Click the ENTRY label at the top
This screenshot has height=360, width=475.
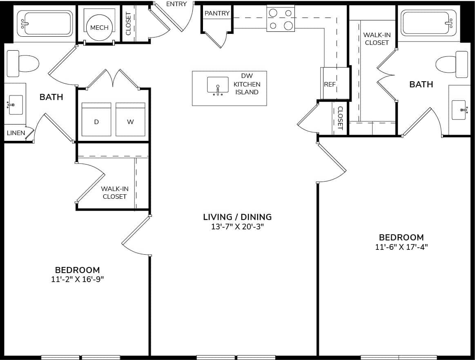point(176,4)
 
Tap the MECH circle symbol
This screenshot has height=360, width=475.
point(99,28)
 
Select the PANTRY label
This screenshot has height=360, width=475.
point(217,13)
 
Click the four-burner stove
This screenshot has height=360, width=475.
point(281,19)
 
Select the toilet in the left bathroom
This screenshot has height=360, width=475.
point(22,64)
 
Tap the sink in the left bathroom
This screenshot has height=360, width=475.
point(15,105)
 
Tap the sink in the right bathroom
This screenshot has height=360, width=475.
point(459,110)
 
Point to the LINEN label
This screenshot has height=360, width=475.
point(16,133)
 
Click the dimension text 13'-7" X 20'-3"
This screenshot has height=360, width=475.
point(238,227)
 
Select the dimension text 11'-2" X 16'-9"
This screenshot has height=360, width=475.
point(77,279)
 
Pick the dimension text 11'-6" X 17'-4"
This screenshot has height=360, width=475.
point(401,247)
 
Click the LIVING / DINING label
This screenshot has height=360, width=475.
point(238,217)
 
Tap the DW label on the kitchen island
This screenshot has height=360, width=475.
point(247,76)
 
